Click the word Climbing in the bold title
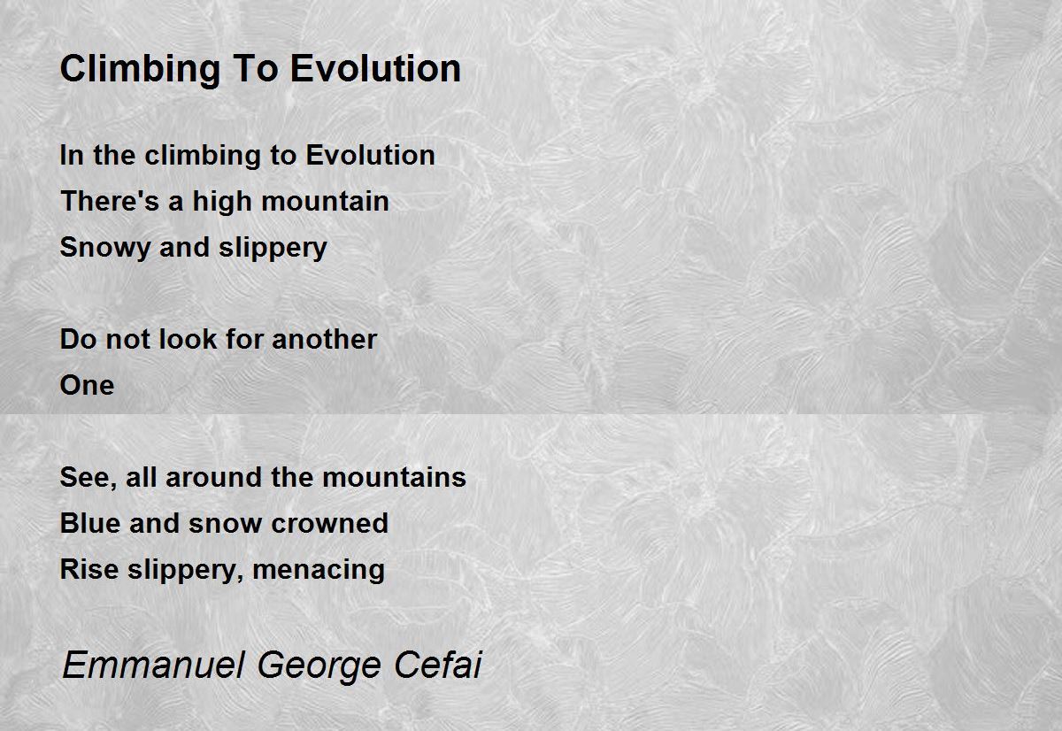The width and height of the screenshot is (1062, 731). point(141,70)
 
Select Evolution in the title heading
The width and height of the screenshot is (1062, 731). point(375,69)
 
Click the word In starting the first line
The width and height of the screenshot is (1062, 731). point(71,155)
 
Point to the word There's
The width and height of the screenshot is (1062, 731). point(110,201)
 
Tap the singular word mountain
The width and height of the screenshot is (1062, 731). point(326,201)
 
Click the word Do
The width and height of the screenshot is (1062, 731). point(78,340)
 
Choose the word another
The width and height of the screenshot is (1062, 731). point(324,340)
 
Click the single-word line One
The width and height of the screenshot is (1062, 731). point(88,385)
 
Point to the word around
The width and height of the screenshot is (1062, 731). point(213,477)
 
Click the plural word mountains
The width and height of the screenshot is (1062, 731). point(395,477)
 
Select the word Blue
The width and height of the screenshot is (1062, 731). point(89,523)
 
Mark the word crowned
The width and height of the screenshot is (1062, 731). point(329,523)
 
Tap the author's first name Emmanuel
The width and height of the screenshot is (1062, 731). point(154,665)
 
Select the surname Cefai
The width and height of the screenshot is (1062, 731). point(437,665)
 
